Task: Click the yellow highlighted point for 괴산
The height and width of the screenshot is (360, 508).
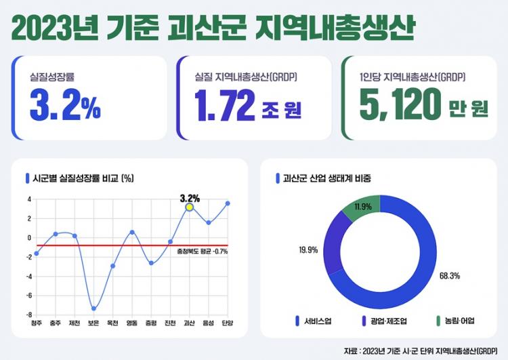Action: click(x=190, y=207)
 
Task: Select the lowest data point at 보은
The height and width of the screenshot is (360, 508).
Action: click(x=93, y=308)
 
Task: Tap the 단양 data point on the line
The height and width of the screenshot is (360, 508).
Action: click(x=228, y=203)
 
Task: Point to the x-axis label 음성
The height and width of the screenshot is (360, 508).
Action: click(x=209, y=323)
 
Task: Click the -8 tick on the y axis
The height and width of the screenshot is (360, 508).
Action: click(x=29, y=315)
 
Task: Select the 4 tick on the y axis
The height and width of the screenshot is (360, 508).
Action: click(x=29, y=199)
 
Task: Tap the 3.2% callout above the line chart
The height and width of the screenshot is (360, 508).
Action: click(x=190, y=198)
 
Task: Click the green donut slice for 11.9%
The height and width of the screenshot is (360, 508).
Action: click(x=357, y=211)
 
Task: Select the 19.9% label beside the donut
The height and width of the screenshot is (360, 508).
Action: click(x=308, y=250)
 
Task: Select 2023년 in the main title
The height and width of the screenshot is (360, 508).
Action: click(x=56, y=28)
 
